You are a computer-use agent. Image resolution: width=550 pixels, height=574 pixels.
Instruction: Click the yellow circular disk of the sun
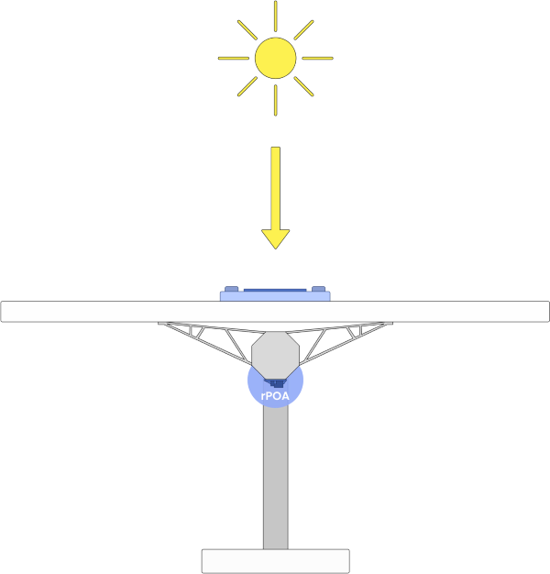pyautogui.click(x=276, y=58)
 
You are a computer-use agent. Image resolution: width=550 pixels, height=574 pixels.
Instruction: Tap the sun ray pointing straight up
pyautogui.click(x=276, y=17)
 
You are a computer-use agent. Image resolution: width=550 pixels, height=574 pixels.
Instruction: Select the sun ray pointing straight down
pyautogui.click(x=276, y=100)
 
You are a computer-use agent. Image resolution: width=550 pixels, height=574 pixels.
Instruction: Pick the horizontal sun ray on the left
pyautogui.click(x=234, y=58)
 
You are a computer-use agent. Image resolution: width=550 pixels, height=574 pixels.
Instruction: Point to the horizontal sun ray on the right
pyautogui.click(x=317, y=58)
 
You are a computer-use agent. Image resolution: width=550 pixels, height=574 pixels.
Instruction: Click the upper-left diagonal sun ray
pyautogui.click(x=247, y=30)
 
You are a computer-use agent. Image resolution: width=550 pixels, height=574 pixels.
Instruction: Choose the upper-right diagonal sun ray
pyautogui.click(x=303, y=30)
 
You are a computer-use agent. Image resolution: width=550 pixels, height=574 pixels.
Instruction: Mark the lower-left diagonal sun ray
pyautogui.click(x=247, y=86)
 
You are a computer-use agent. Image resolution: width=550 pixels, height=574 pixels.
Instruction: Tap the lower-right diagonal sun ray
pyautogui.click(x=303, y=86)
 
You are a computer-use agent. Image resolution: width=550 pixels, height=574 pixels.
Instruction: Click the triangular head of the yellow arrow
pyautogui.click(x=276, y=237)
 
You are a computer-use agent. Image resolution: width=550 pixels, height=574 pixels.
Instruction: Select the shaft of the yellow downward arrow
pyautogui.click(x=276, y=189)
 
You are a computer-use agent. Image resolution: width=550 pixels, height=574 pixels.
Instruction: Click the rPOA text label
pyautogui.click(x=275, y=396)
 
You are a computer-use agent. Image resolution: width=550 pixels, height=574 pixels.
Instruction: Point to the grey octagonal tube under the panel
pyautogui.click(x=276, y=356)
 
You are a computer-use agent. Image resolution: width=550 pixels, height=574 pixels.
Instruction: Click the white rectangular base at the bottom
pyautogui.click(x=276, y=561)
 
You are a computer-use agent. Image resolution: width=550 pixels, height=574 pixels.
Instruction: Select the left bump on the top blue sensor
pyautogui.click(x=231, y=289)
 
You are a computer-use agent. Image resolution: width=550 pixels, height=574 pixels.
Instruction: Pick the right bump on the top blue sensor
pyautogui.click(x=318, y=289)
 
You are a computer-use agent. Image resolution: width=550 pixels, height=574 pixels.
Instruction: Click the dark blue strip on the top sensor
pyautogui.click(x=275, y=291)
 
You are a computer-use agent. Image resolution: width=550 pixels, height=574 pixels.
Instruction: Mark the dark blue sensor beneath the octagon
pyautogui.click(x=276, y=383)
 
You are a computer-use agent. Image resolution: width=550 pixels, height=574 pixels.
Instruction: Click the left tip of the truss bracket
pyautogui.click(x=158, y=323)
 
